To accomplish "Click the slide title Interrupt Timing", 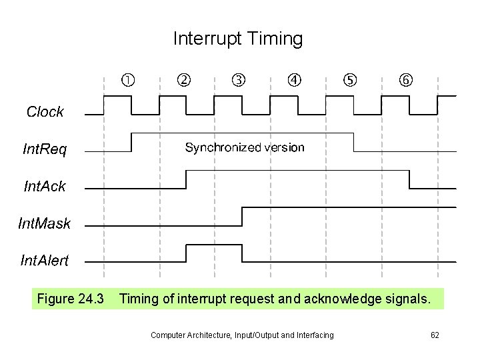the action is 238,39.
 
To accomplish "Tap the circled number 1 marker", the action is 127,81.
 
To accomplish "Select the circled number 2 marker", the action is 183,81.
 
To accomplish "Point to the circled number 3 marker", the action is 239,81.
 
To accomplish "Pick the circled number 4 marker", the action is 294,81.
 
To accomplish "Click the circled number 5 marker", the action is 349,81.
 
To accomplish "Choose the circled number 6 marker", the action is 405,81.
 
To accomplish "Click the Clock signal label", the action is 45,112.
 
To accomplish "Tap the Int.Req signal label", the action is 45,149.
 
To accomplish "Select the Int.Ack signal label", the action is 45,187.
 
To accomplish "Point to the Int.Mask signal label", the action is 44,223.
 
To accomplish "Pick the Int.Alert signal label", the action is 44,261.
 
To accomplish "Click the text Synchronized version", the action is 245,147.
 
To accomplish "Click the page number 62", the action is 435,335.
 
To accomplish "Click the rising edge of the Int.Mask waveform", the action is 243,217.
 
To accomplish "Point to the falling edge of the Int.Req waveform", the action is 354,143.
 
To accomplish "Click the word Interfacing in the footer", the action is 313,335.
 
